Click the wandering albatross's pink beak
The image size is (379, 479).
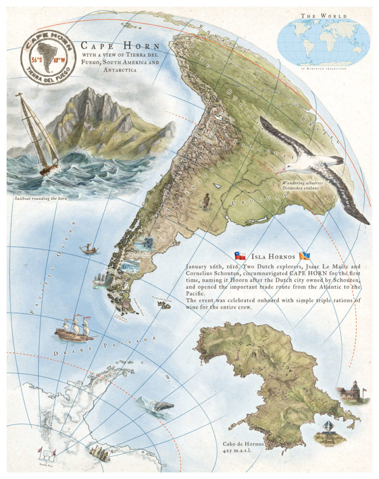[x=283, y=169]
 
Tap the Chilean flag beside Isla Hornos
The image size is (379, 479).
[x=240, y=256]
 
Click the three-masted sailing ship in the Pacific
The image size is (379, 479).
[x=74, y=328]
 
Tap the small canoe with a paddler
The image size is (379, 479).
[x=88, y=249]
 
